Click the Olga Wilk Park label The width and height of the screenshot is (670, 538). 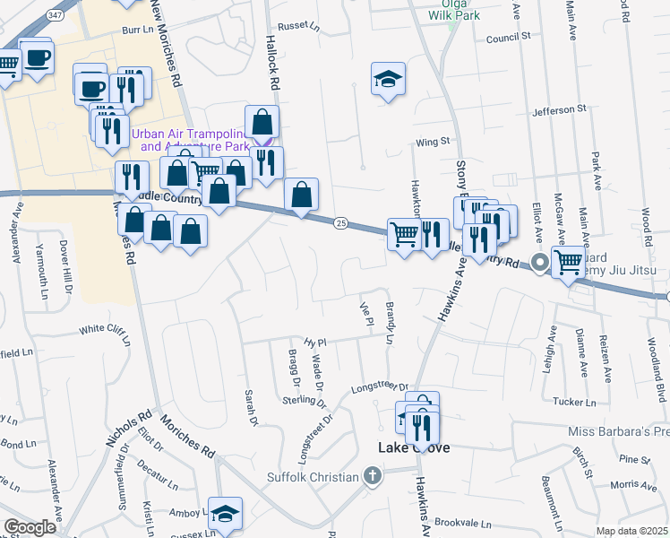pos(455,9)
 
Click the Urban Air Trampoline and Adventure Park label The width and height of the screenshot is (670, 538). pos(190,139)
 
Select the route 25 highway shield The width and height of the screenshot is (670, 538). pos(340,221)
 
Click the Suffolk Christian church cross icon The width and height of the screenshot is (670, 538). pos(373,476)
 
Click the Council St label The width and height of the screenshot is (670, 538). pos(509,39)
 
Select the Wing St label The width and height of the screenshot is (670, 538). pos(431,142)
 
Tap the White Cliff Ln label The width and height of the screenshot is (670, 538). pos(105,329)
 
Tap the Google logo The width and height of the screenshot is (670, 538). pos(30,527)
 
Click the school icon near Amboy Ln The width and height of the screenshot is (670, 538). pos(225,513)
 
